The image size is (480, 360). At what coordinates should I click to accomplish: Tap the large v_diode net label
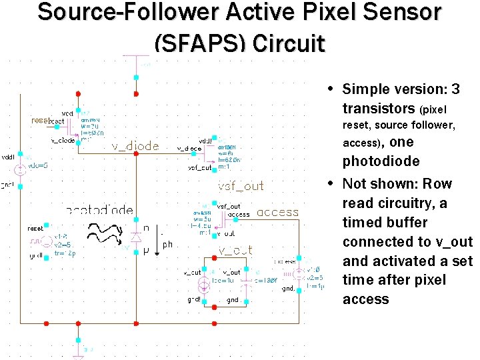coord(135,146)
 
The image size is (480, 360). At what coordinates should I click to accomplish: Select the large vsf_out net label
coord(241,186)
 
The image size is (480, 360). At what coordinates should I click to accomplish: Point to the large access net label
coord(277,213)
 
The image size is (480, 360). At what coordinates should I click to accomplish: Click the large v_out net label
coord(235,251)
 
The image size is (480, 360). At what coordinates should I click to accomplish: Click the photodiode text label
coord(100,210)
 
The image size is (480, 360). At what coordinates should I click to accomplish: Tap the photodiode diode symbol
coord(136,236)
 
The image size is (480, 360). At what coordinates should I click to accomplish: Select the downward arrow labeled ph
coord(157,243)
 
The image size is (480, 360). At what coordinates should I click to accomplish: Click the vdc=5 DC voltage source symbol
coord(20,169)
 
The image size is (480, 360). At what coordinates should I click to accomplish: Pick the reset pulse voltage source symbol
coord(45,241)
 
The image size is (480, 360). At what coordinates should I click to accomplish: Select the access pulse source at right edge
coord(301,273)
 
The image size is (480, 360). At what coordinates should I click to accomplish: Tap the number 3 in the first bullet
coord(455,89)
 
